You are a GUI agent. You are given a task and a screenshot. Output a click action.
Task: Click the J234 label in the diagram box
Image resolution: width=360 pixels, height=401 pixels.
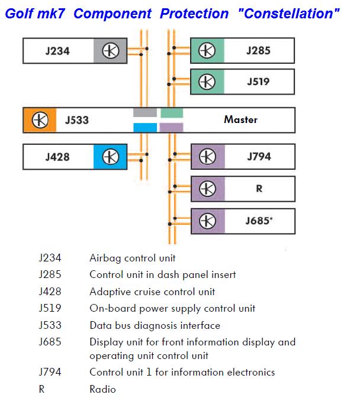(57, 51)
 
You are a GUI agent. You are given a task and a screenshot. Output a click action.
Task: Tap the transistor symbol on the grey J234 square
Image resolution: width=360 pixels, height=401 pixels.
(111, 51)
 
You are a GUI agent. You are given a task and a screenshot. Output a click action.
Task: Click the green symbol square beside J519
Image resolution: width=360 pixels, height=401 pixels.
(207, 82)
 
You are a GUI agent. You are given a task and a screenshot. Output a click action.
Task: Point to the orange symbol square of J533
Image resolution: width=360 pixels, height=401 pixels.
(40, 120)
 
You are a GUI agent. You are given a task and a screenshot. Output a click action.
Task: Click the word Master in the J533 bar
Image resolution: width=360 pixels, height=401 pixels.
(240, 120)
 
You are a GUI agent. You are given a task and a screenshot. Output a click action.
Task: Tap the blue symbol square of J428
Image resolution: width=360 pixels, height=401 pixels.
(111, 157)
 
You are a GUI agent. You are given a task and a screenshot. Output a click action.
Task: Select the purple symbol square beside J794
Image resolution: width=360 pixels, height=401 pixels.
(207, 157)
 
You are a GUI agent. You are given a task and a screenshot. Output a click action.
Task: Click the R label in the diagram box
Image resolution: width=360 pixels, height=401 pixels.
(258, 189)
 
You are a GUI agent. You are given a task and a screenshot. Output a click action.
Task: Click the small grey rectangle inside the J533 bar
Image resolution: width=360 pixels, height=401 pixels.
(145, 112)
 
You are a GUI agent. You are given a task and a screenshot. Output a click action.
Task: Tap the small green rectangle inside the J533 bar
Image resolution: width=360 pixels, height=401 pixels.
(172, 112)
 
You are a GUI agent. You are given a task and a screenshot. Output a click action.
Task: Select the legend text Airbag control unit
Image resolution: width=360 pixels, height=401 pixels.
(133, 258)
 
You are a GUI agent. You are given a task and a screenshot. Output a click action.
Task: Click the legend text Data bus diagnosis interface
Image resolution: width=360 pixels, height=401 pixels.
(155, 325)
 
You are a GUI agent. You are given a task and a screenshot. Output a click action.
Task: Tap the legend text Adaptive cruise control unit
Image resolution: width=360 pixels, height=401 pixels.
(152, 292)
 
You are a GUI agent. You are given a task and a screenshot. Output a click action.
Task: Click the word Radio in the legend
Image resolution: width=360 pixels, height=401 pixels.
(102, 389)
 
